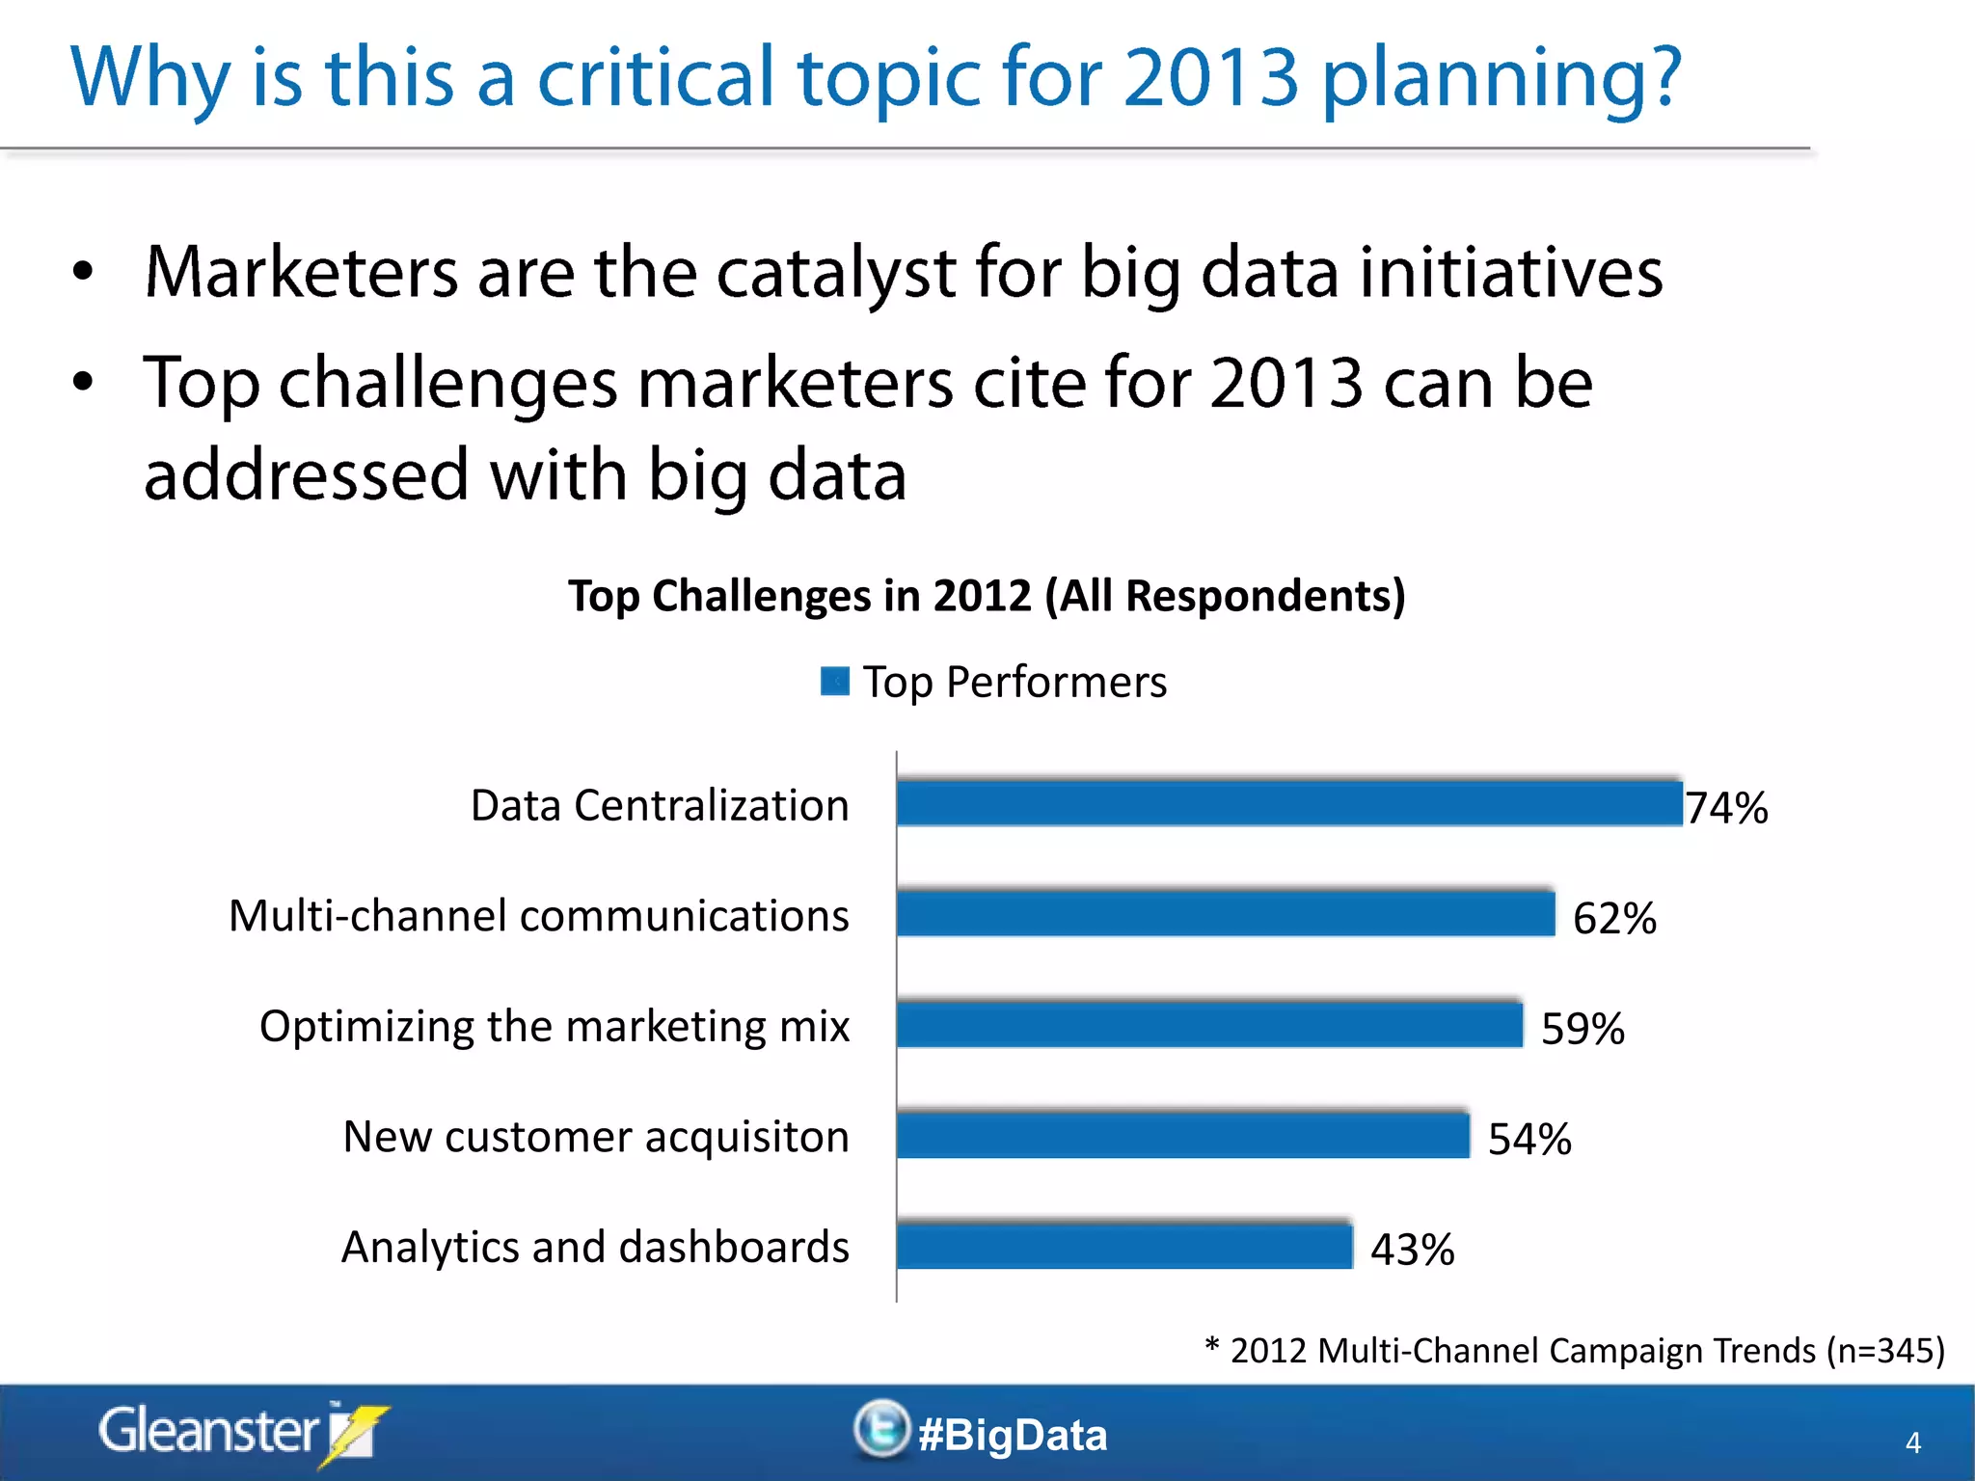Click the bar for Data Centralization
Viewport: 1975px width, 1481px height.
(1289, 804)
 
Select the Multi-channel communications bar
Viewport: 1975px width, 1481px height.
(1225, 914)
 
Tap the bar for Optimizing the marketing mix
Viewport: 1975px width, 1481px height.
(1209, 1025)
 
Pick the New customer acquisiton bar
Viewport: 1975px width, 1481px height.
(1182, 1136)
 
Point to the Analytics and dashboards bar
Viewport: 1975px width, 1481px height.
(1123, 1247)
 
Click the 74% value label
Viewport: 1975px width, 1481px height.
(1726, 808)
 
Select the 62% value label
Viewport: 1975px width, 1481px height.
(1614, 918)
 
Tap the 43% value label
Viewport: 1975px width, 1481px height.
(1412, 1251)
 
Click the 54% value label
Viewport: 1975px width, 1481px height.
(1529, 1140)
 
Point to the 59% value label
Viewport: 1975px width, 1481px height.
(1583, 1029)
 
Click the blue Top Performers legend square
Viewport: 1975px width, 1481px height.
(834, 682)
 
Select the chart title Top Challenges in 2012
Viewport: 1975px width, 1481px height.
(987, 596)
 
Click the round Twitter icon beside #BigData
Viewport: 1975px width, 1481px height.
(880, 1428)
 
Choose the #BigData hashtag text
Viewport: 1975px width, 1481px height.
(1013, 1435)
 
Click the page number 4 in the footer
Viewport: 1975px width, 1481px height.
(1913, 1443)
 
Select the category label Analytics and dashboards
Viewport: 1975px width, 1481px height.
(595, 1248)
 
